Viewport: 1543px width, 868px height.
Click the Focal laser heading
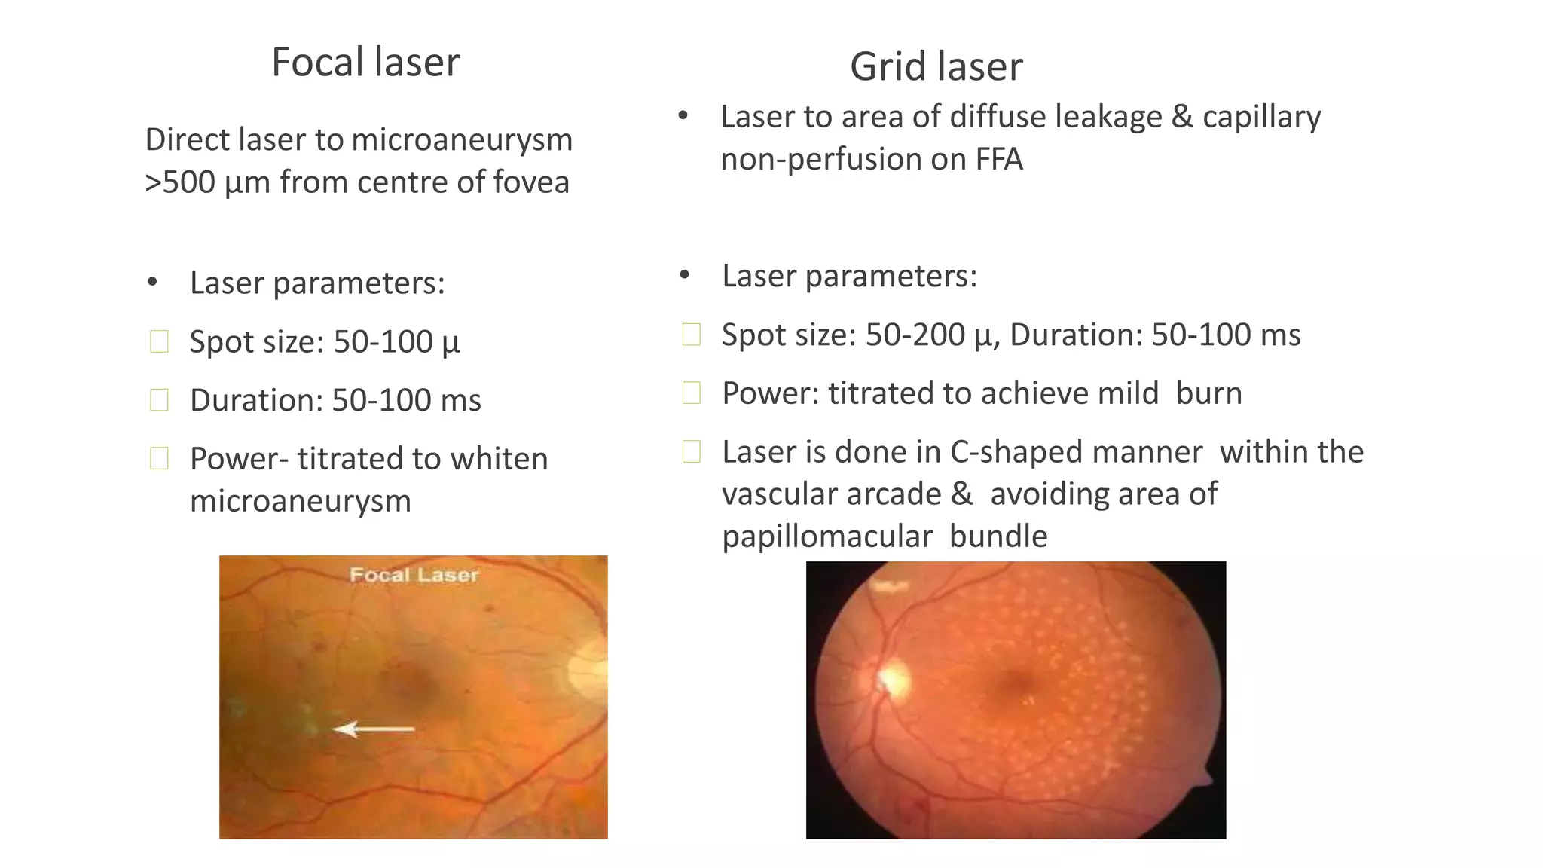tap(365, 62)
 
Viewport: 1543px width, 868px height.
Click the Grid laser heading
tap(936, 66)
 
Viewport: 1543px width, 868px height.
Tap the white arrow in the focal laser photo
tap(374, 729)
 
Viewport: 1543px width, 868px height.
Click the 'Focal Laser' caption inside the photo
tap(414, 576)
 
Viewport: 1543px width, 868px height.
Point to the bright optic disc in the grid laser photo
tap(894, 677)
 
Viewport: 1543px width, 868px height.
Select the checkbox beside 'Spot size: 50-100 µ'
tap(160, 341)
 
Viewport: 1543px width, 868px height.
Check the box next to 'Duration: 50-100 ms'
tap(160, 400)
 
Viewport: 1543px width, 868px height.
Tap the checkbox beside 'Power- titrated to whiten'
tap(160, 458)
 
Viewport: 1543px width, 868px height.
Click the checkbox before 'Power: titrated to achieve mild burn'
tap(692, 393)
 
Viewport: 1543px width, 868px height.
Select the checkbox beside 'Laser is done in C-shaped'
tap(692, 451)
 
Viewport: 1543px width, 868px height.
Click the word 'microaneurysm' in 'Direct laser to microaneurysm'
tap(461, 140)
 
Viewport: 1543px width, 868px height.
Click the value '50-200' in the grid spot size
tap(915, 335)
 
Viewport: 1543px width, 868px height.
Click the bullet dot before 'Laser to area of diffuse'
tap(683, 116)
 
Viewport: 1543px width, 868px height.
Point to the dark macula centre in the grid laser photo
tap(1016, 684)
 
